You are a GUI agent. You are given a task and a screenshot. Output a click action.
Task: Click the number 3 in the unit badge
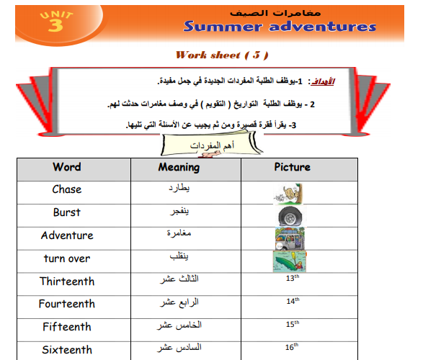pos(55,25)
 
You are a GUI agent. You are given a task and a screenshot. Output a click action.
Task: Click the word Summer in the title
pos(223,27)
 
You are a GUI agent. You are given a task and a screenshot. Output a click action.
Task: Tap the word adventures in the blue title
pos(322,27)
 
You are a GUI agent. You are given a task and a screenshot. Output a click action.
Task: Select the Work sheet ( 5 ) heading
pos(222,55)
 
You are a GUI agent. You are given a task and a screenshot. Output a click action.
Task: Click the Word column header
pos(67,167)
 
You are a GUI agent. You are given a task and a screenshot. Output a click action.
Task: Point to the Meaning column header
pos(179,167)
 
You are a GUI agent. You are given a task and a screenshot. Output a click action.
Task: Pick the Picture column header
pos(292,167)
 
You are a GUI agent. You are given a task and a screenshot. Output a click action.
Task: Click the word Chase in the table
pos(67,189)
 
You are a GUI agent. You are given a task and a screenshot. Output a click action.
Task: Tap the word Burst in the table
pos(67,212)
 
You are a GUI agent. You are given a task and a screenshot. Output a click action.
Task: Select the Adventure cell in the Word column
pos(67,235)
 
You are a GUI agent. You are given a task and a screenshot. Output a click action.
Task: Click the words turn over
pos(67,258)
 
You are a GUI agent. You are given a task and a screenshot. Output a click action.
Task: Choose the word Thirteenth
pos(67,282)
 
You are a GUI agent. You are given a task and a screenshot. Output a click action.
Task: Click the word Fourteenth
pos(67,304)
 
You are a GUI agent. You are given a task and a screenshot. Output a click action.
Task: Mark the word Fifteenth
pos(67,327)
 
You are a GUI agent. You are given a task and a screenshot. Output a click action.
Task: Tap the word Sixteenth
pos(67,350)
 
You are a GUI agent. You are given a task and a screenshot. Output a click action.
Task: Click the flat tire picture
pos(290,216)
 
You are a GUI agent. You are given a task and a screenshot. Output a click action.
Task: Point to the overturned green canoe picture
pos(290,261)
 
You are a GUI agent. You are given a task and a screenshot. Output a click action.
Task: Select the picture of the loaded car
pos(290,239)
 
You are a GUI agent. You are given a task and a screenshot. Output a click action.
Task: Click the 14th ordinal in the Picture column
pos(293,301)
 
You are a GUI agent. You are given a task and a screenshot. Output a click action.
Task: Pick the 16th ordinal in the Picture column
pos(292,347)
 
